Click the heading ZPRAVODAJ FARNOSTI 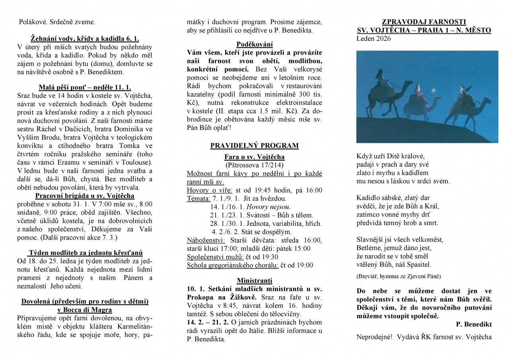point(424,22)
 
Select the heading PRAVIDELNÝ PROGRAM point(254,146)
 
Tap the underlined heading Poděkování point(254,44)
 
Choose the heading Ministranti point(254,280)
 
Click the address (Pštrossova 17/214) point(254,165)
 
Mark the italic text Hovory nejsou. point(269,206)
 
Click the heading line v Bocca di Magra point(85,309)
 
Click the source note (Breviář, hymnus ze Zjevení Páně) point(398,276)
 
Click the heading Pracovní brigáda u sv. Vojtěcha point(85,196)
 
